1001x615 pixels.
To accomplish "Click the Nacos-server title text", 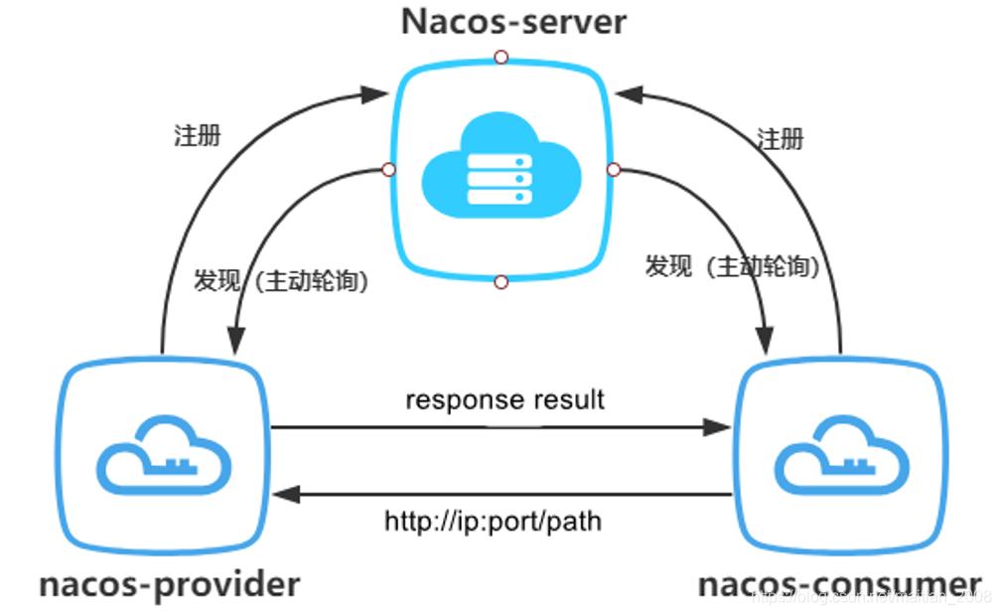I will point(513,22).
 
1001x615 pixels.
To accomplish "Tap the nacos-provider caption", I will point(170,583).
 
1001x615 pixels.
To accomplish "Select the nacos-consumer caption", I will point(840,583).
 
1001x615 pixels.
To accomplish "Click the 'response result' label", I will point(504,399).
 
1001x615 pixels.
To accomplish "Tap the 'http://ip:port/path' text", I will point(494,520).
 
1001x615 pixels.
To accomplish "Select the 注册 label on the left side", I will point(198,136).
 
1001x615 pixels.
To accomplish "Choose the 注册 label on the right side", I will point(781,138).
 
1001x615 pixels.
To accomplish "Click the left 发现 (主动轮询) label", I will point(283,281).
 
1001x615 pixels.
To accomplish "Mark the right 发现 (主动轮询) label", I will point(732,266).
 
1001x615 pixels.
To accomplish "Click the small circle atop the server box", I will point(501,56).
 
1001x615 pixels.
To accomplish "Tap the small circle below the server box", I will point(501,283).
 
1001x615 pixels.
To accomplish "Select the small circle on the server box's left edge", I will point(388,169).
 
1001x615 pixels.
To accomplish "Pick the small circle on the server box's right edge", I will point(613,169).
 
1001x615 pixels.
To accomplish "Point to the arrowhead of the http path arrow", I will point(285,493).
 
